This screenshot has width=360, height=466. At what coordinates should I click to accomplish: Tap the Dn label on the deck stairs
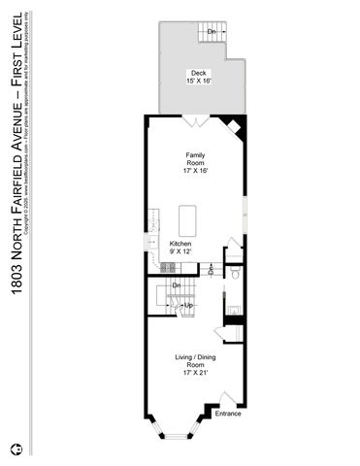tap(212, 32)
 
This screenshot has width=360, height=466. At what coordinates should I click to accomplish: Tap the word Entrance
tap(228, 415)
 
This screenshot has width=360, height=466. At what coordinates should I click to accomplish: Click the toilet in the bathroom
tap(236, 278)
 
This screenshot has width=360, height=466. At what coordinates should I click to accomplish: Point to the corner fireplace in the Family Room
tap(233, 125)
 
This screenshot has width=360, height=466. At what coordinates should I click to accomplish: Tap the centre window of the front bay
tap(180, 430)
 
